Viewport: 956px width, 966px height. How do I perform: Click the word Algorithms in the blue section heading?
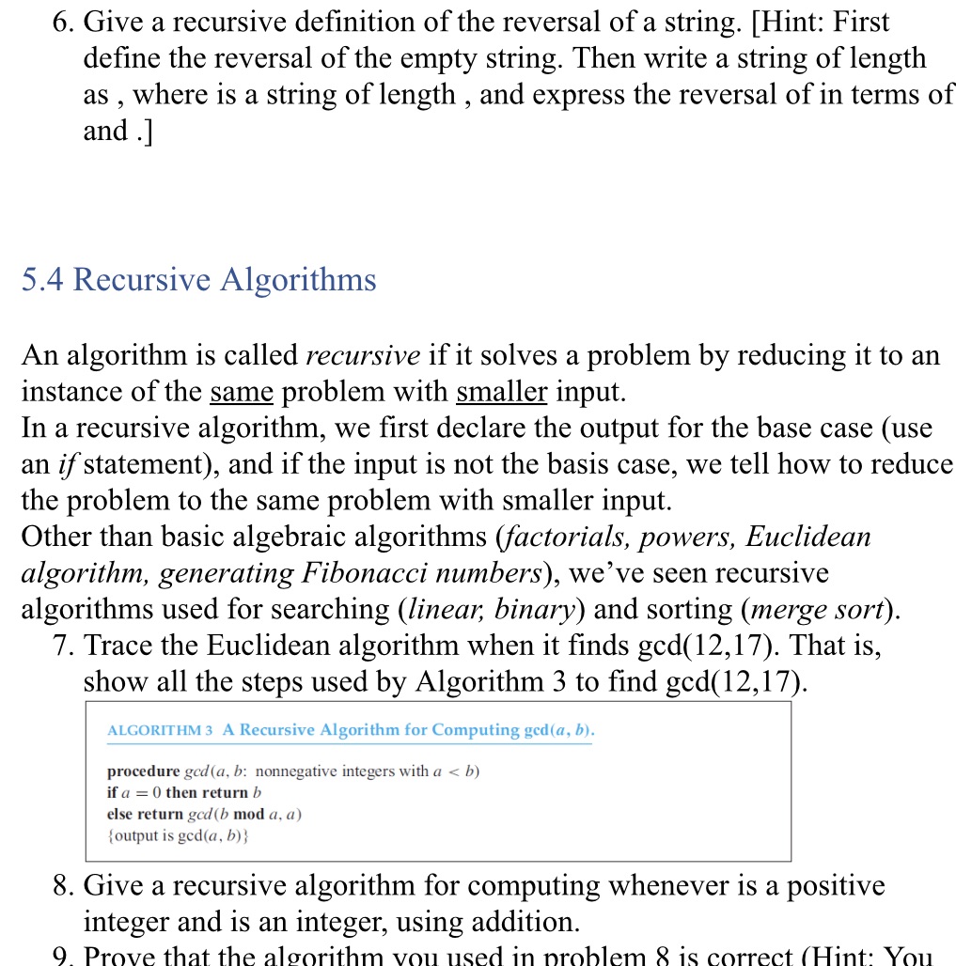(298, 280)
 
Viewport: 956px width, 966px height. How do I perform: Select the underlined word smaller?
(501, 392)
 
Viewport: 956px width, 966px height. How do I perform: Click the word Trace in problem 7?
(121, 647)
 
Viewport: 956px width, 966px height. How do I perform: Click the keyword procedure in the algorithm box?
(143, 771)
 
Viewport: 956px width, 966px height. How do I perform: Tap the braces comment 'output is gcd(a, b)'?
(178, 834)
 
